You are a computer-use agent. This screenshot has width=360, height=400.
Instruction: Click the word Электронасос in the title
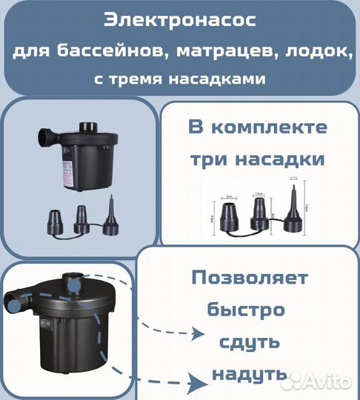[180, 21]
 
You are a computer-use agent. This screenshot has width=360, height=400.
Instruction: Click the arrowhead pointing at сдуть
[198, 335]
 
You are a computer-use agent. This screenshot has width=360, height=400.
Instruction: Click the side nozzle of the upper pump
[46, 137]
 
